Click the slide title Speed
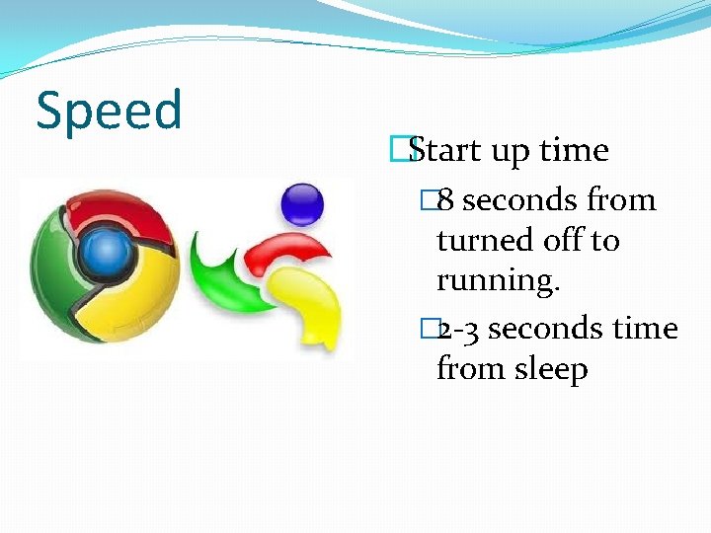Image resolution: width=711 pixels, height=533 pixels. point(109,111)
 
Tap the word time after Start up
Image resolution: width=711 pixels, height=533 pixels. point(574,150)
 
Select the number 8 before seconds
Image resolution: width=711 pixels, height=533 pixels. point(445,200)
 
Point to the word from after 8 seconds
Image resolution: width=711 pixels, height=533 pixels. point(621,200)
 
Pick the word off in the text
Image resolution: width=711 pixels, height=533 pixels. point(558,240)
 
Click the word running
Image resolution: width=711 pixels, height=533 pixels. point(498,281)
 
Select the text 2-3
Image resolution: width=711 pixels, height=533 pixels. point(459,328)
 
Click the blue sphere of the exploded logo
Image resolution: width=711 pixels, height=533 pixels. point(300,204)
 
